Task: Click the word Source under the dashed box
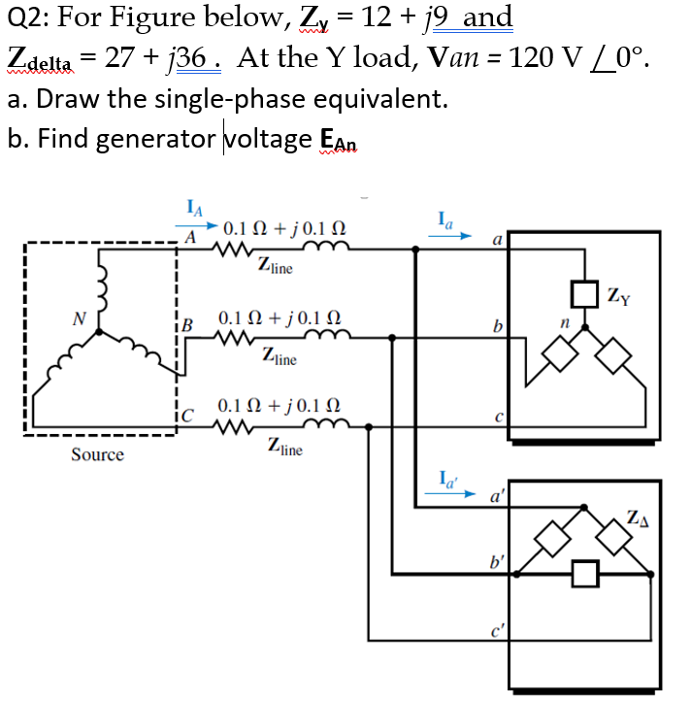click(x=97, y=454)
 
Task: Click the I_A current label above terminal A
click(x=193, y=207)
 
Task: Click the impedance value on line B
click(x=279, y=318)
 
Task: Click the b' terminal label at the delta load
click(x=498, y=561)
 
